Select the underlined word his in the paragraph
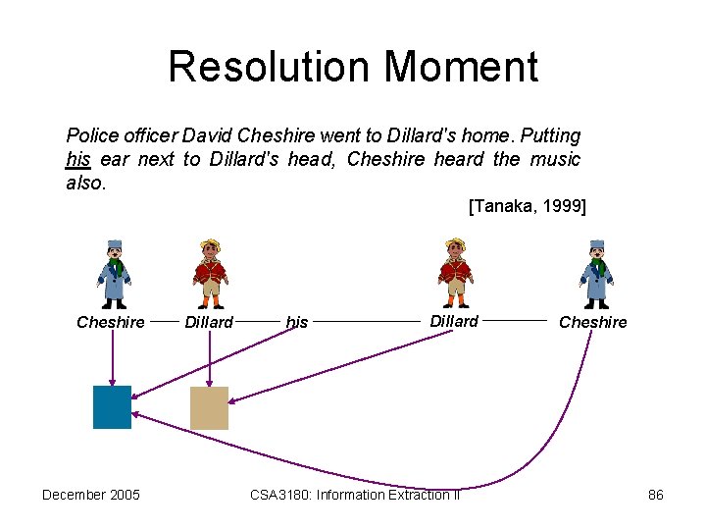point(77,159)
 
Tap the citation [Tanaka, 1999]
point(527,206)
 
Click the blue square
point(112,407)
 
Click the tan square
point(209,407)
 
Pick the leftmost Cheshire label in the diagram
point(111,322)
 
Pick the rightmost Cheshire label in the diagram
point(592,322)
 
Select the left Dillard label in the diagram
point(209,322)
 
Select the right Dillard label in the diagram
point(454,321)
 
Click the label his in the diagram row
point(296,322)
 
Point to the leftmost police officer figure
point(114,274)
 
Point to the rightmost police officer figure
point(596,274)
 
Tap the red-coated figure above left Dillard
point(209,274)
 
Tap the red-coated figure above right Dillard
point(454,274)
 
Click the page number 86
point(656,495)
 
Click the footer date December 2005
point(91,495)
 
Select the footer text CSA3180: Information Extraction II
point(355,495)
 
